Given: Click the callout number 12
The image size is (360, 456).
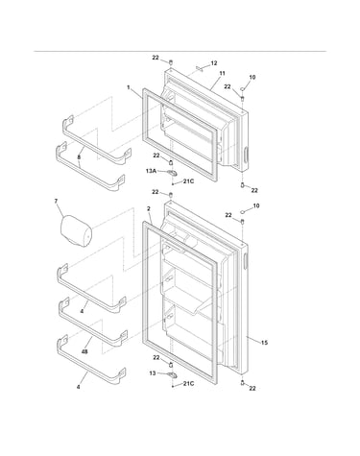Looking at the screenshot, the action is (x=214, y=63).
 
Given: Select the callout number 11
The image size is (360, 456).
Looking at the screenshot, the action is (x=222, y=73).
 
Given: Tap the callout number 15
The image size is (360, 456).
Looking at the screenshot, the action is (x=264, y=343).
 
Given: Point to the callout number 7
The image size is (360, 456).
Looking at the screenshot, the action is (x=56, y=201).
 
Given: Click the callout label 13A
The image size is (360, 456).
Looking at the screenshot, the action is (x=151, y=171).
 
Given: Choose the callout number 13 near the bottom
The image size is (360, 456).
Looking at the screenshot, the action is (x=153, y=373).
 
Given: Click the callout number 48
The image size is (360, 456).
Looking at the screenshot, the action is (x=84, y=351).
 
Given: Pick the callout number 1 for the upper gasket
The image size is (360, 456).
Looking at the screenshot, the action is (x=129, y=87).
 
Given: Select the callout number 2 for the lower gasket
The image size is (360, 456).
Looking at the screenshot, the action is (x=149, y=208).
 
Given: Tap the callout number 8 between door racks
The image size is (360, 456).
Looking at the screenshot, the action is (x=79, y=157).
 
